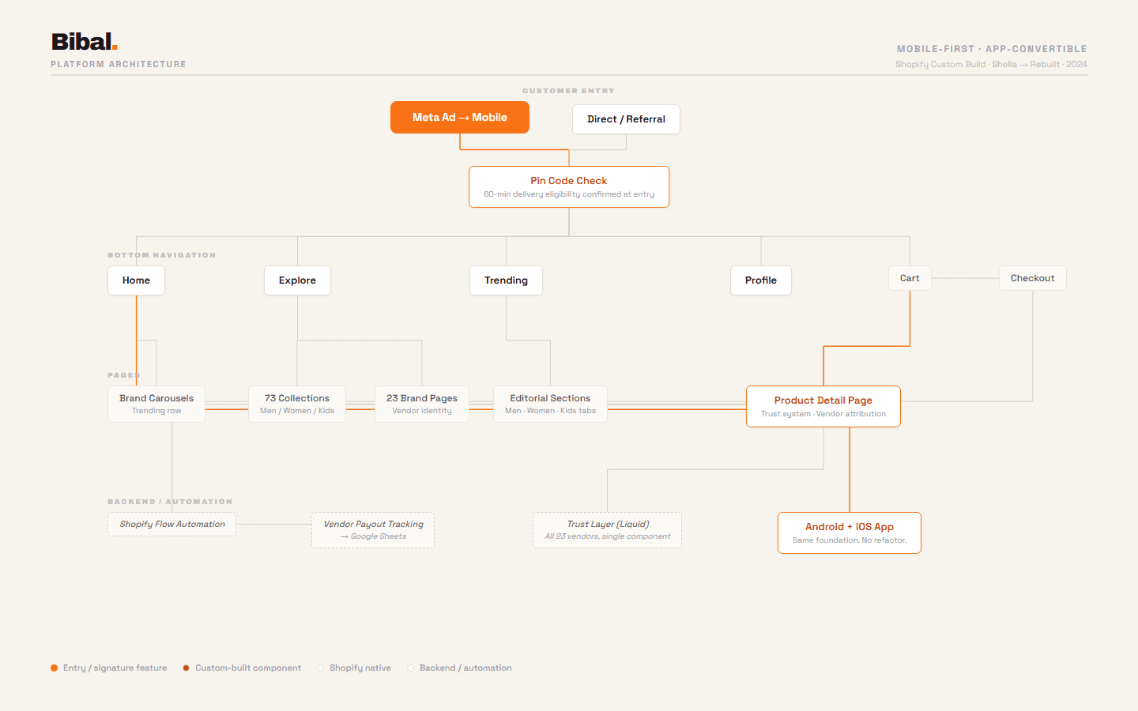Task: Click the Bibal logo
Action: click(x=84, y=42)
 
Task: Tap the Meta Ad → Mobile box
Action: click(x=459, y=118)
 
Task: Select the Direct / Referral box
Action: click(x=626, y=119)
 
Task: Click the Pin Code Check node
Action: click(x=569, y=187)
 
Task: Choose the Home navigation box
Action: click(x=136, y=280)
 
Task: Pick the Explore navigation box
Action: click(x=297, y=280)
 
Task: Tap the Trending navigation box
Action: click(x=506, y=280)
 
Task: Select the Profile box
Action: click(x=760, y=280)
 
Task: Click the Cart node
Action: click(x=910, y=278)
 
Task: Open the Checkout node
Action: click(x=1032, y=278)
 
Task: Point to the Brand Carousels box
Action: click(x=156, y=404)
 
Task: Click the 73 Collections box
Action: click(x=297, y=404)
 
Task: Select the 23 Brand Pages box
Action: click(x=422, y=404)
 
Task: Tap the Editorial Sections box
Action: click(x=550, y=404)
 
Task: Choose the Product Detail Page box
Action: click(x=823, y=406)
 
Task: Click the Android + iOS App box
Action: click(x=849, y=532)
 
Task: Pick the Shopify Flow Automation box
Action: click(x=172, y=525)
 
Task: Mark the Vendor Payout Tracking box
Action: click(x=373, y=530)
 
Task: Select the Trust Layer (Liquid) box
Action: click(x=607, y=530)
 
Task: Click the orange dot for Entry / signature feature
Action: click(x=55, y=668)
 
